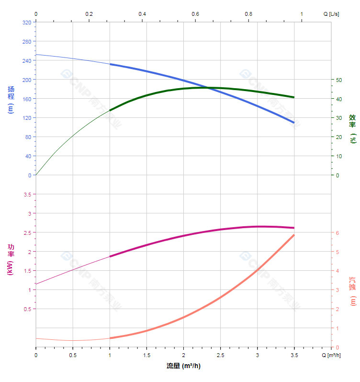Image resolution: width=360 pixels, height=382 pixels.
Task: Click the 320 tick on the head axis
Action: [x=26, y=22]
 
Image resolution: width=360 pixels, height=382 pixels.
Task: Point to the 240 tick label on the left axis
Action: [x=26, y=60]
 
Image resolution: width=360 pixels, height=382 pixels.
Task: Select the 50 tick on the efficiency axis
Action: [x=339, y=80]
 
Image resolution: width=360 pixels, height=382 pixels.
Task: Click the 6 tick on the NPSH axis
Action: [x=337, y=232]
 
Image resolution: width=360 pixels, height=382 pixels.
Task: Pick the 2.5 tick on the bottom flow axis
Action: [x=220, y=355]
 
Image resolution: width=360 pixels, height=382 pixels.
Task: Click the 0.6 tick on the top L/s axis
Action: [x=195, y=14]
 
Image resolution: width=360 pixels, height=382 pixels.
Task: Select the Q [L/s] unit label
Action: [x=331, y=14]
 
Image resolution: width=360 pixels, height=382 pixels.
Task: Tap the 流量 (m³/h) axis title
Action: [x=183, y=366]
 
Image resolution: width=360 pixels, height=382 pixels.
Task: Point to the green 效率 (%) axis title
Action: [x=352, y=128]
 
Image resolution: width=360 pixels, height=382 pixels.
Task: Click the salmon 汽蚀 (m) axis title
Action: [x=352, y=291]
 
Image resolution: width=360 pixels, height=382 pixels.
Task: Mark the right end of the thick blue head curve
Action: [x=294, y=122]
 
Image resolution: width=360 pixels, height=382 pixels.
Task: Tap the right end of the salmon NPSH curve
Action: [x=294, y=235]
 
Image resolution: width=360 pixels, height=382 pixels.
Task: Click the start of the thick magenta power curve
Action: [x=110, y=256]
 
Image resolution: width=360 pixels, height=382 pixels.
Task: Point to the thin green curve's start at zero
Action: [x=36, y=175]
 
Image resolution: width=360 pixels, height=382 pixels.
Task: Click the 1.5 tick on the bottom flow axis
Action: [x=146, y=355]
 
